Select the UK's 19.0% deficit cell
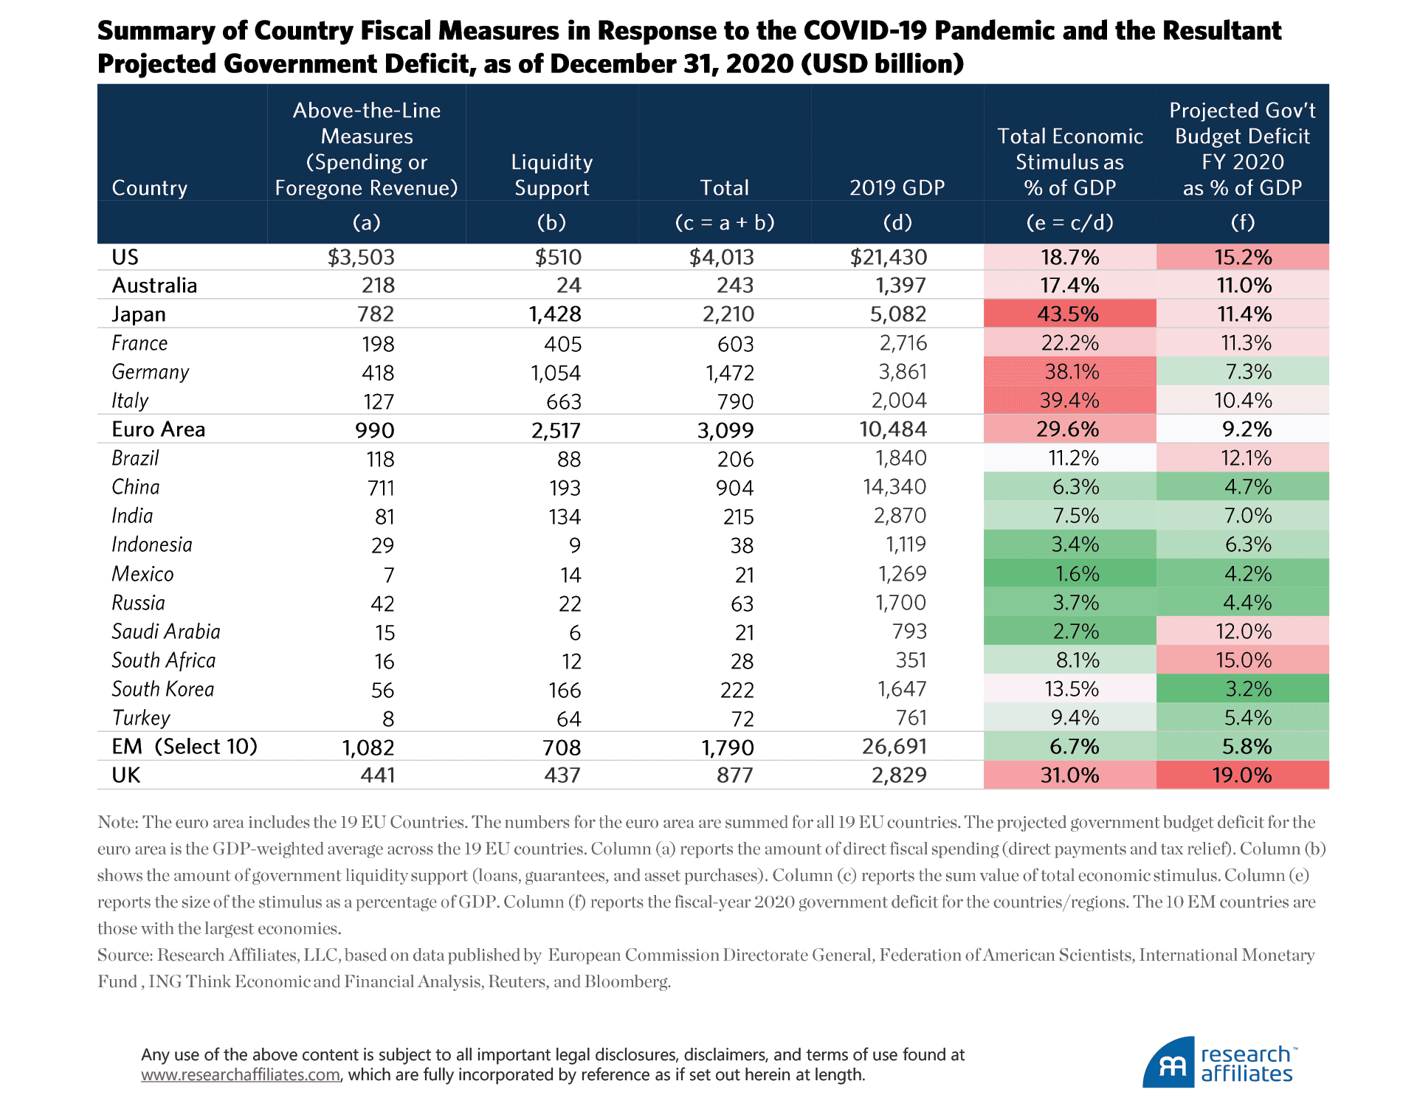coord(1242,775)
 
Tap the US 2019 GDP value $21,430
coord(889,258)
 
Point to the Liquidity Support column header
coord(551,175)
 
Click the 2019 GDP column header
coord(897,188)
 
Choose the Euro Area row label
coord(159,429)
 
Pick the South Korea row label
coord(163,689)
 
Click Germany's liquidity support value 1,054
coord(556,373)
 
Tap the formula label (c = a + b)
coord(724,223)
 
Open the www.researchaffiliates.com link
coord(241,1075)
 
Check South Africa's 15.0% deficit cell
coord(1243,660)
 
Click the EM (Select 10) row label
coord(185,747)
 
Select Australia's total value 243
coord(735,286)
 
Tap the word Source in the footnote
coord(124,956)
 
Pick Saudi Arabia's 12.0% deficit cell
coord(1243,632)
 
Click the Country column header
coord(150,188)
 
